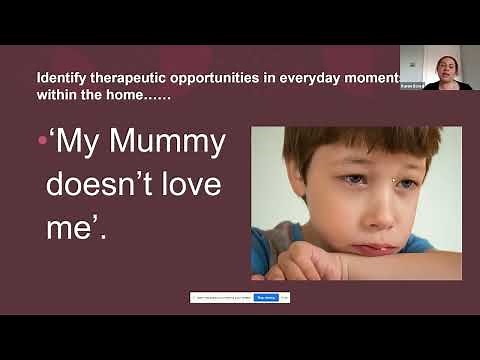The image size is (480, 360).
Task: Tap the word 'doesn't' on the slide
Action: pyautogui.click(x=116, y=185)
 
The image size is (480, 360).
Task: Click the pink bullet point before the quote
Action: pyautogui.click(x=42, y=142)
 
